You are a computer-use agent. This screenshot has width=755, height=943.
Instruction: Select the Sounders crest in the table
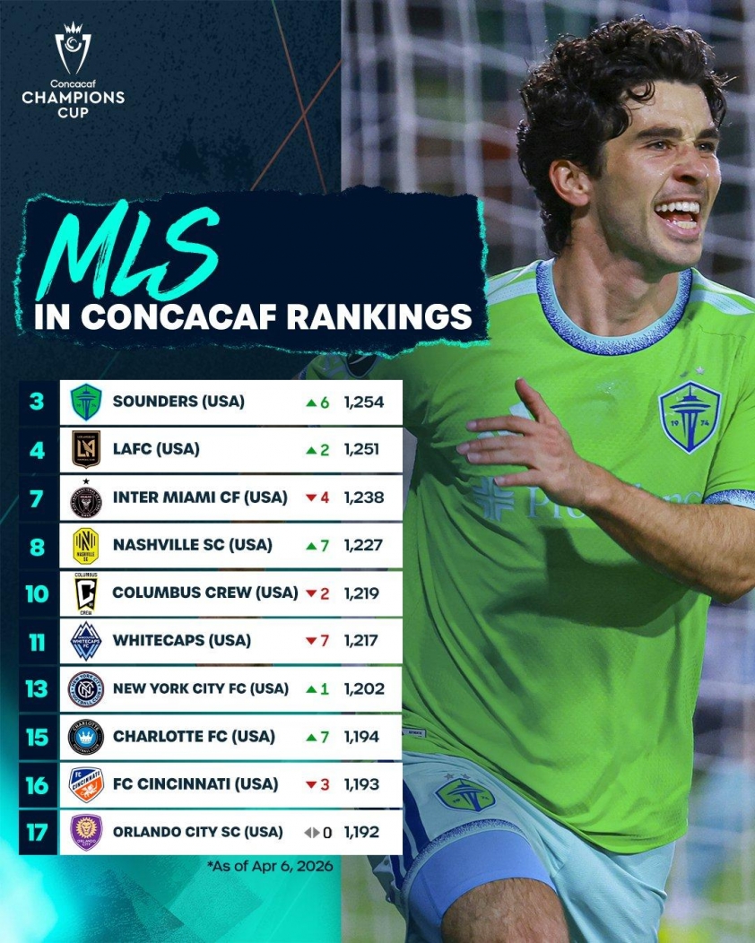pos(87,402)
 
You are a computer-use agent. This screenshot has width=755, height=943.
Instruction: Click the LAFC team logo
pos(87,449)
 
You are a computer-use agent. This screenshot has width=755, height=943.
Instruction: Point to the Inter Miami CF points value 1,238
pos(363,497)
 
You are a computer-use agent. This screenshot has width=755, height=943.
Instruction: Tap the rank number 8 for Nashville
pos(37,545)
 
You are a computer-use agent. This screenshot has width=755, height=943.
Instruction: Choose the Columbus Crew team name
pos(204,593)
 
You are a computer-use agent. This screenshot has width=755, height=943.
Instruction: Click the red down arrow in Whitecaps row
pos(312,641)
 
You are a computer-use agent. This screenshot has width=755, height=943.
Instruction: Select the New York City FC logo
pos(87,688)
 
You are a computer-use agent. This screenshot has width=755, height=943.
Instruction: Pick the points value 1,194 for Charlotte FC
pos(363,737)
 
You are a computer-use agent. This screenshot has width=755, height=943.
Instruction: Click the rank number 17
pos(37,832)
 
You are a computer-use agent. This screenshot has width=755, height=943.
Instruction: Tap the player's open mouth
pos(678,216)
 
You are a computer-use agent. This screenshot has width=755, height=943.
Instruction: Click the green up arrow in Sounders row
pos(311,402)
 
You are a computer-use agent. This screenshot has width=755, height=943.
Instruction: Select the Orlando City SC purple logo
pos(87,832)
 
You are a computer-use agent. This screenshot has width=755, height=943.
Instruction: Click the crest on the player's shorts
pos(464,794)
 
